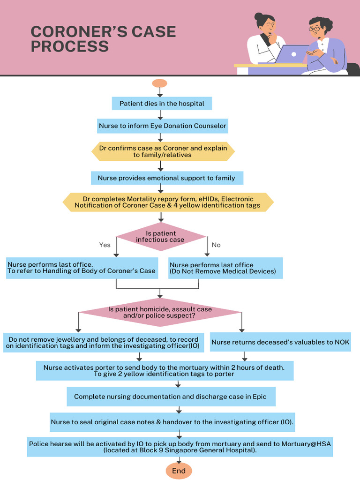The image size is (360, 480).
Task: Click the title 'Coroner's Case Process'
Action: [x=103, y=39]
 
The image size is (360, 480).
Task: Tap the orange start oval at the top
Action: [x=159, y=83]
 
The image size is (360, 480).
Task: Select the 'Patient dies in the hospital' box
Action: [x=162, y=103]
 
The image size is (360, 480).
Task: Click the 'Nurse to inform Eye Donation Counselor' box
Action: [x=162, y=126]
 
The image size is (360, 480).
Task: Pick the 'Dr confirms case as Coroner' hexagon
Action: [x=163, y=151]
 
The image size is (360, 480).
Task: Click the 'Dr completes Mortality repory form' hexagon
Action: [x=168, y=202]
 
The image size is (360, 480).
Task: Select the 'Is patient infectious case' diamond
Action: [x=161, y=237]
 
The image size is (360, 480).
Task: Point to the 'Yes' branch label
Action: [x=105, y=245]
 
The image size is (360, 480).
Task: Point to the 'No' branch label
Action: [x=216, y=245]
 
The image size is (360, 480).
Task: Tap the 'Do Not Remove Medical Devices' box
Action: [x=225, y=268]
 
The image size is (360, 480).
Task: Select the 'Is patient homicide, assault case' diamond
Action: [x=160, y=313]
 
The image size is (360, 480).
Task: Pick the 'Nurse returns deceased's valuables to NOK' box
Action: [x=280, y=342]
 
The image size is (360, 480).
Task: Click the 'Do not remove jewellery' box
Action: [x=103, y=343]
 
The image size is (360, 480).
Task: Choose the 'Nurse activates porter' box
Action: [x=165, y=371]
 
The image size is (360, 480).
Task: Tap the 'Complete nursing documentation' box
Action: [x=171, y=397]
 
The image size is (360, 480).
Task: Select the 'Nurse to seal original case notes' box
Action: [x=172, y=422]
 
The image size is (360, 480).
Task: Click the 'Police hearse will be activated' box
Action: [x=180, y=447]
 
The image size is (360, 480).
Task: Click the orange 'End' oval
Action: [x=179, y=471]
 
